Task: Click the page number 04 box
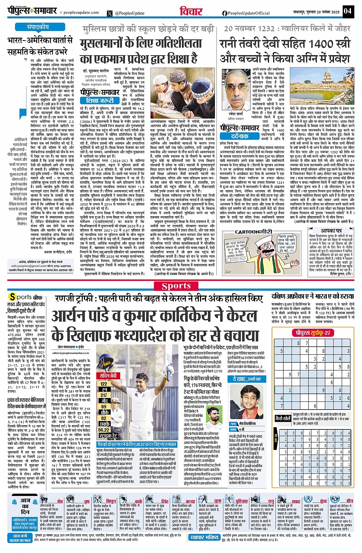pos(347,11)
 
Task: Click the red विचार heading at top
pos(191,11)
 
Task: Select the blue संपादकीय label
pos(38,27)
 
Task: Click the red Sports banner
pos(176,286)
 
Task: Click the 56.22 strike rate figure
pos(104,430)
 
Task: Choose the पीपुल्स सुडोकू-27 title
pos(312,333)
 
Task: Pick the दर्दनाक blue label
pos(240,136)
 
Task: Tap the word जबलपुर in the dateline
pos(294,12)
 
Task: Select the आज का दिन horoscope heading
pos(25,506)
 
